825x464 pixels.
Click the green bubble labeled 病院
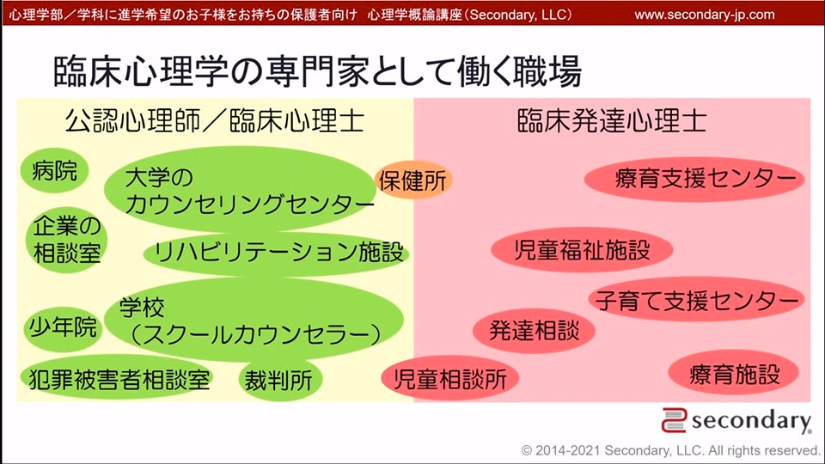54,170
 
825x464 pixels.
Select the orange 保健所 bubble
413,180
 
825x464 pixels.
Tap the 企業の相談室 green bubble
66,240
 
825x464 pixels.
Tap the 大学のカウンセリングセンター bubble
240,189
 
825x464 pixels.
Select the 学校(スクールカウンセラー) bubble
254,320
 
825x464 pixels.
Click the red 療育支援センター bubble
694,180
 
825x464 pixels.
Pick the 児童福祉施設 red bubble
582,249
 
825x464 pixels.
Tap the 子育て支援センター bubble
696,300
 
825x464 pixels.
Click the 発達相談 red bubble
534,330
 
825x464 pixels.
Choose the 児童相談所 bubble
449,379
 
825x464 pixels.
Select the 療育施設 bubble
734,374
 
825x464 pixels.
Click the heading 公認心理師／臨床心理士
215,121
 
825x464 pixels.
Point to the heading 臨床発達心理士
612,121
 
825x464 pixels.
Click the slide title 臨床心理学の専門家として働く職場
318,71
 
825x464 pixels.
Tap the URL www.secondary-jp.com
705,15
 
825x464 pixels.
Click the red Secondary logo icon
674,420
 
